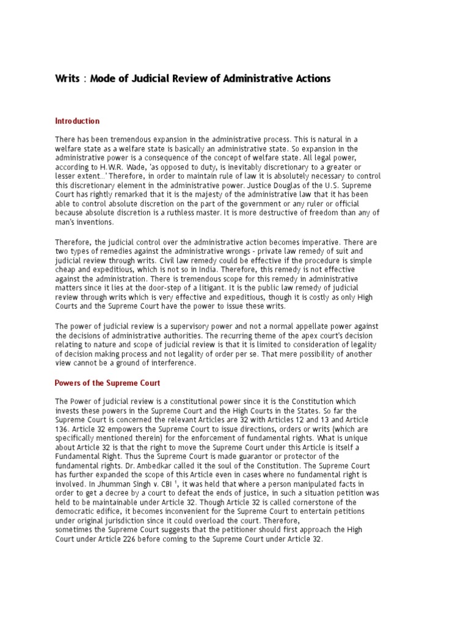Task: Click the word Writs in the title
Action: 67,79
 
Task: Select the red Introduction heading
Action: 77,121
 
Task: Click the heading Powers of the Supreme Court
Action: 107,383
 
